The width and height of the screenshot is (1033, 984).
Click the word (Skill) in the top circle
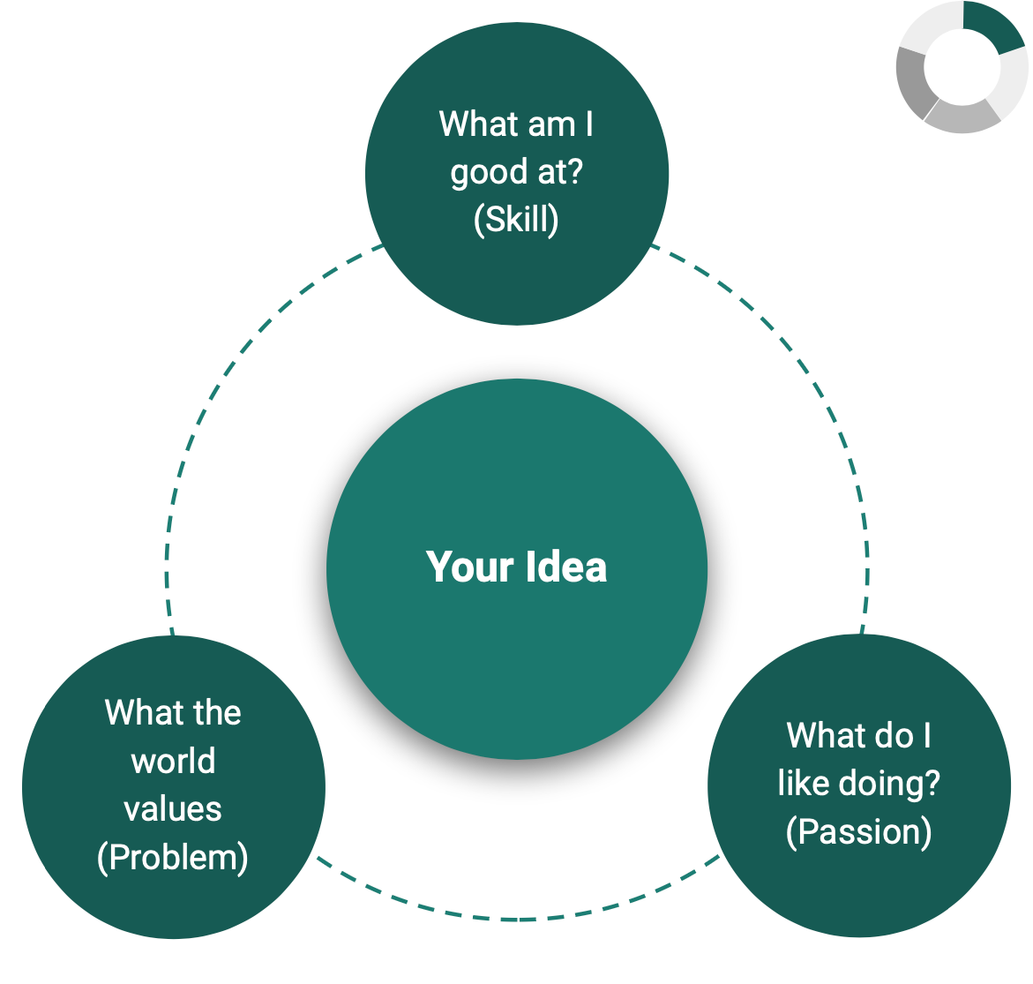pos(516,219)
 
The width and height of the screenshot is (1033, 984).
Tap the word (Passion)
pos(858,831)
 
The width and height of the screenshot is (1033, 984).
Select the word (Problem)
pos(173,857)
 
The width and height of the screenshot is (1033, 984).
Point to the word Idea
pos(565,567)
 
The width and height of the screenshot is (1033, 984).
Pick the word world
pos(173,761)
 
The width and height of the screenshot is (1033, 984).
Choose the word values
pos(173,808)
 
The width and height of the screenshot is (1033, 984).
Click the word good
pos(489,173)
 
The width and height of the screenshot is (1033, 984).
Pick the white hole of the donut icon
pos(962,66)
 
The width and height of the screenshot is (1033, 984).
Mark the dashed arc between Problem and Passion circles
pos(518,918)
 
